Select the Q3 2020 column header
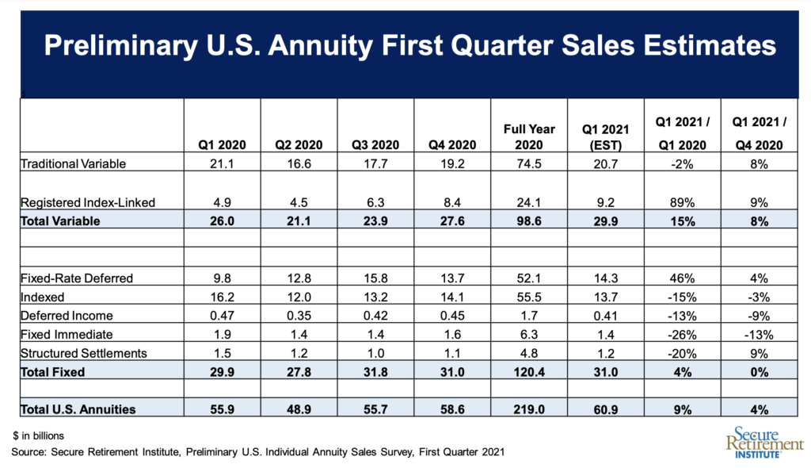[375, 145]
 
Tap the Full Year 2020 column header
[530, 136]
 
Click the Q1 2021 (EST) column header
[606, 136]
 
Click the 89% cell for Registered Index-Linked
[682, 202]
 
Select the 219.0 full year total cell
[530, 409]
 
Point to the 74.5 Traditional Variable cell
[530, 163]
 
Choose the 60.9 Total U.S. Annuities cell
[606, 409]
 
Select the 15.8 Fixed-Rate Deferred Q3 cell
[375, 278]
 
